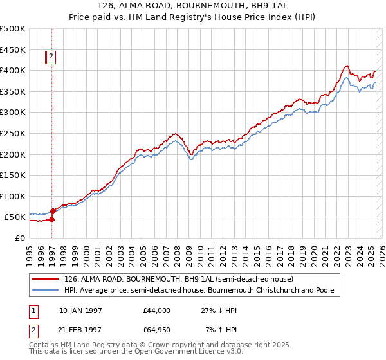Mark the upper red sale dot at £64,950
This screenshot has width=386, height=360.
(x=53, y=211)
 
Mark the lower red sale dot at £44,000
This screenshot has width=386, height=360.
(x=52, y=219)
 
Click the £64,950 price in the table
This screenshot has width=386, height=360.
(x=157, y=330)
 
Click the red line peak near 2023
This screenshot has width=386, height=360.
(x=347, y=65)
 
